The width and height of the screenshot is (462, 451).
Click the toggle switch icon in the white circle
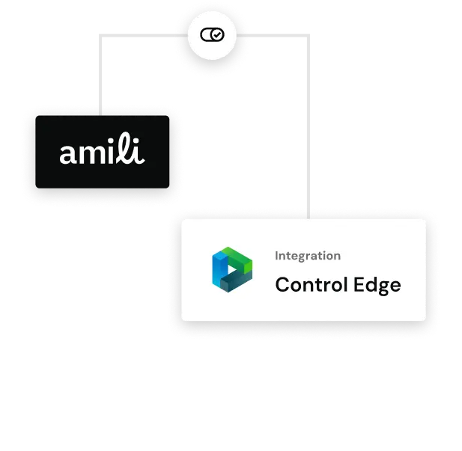(212, 34)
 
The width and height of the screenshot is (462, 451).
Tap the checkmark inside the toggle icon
(217, 34)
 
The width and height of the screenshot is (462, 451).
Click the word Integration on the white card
(308, 256)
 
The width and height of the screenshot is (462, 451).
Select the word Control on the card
(311, 285)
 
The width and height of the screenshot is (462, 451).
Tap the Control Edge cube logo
(232, 271)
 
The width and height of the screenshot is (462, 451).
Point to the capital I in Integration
(277, 256)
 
